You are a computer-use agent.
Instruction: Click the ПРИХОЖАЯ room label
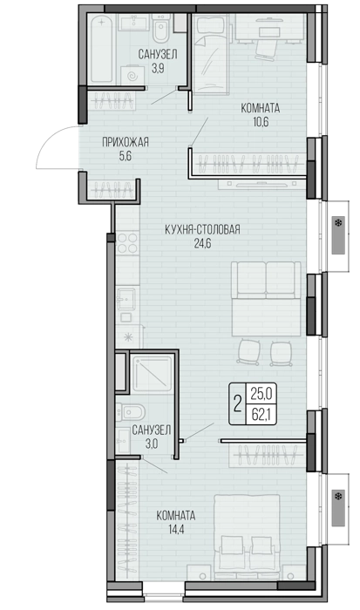pos(126,142)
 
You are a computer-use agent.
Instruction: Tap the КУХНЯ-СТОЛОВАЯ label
pos(202,230)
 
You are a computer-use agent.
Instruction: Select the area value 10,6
pos(261,122)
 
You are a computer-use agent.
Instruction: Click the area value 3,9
pos(158,69)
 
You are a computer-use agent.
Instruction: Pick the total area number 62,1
pos(261,415)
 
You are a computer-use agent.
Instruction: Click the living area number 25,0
pos(261,394)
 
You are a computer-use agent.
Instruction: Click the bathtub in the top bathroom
pos(102,49)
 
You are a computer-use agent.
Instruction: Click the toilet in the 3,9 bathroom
pos(160,29)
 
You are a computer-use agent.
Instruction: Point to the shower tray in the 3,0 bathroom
pos(153,374)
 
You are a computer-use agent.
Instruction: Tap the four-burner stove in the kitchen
pos(127,242)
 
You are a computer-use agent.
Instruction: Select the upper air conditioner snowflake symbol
pos(338,223)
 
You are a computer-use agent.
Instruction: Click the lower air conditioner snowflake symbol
pos(338,496)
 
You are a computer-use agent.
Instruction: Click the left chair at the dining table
pos(248,352)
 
